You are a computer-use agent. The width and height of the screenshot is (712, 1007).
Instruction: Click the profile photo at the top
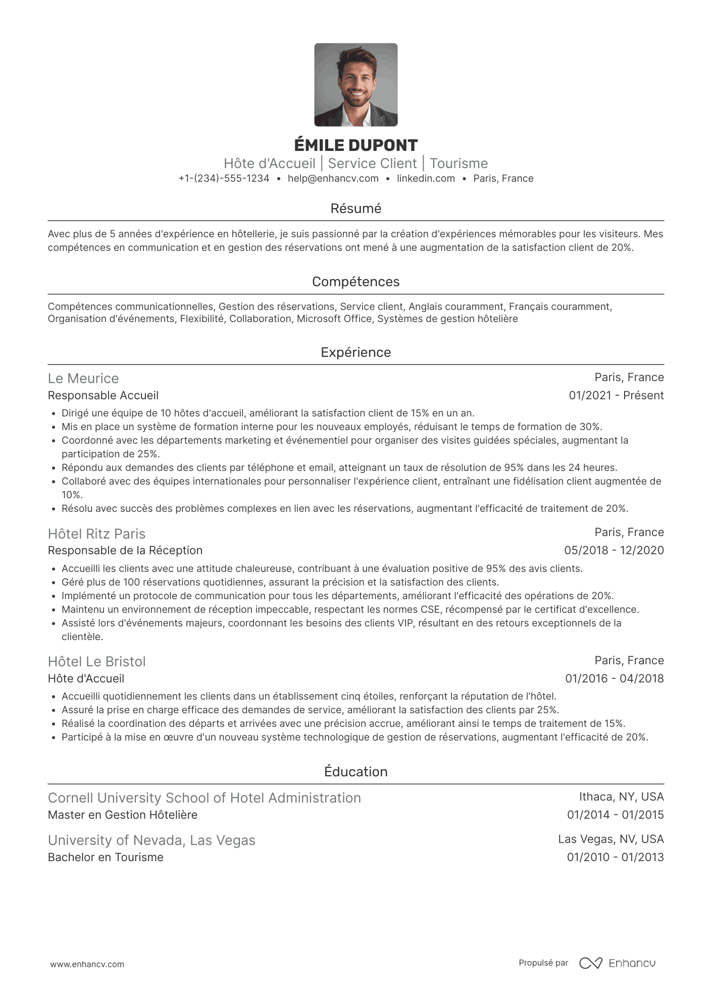point(355,85)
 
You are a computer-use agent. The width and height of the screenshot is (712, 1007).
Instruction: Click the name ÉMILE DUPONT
point(355,145)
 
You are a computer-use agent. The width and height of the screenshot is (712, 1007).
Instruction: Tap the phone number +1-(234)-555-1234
point(224,178)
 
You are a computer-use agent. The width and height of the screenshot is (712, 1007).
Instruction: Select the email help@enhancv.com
point(333,178)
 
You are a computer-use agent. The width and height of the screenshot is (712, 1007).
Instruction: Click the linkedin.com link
point(426,178)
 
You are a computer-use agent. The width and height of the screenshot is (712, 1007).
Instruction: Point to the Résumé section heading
point(355,208)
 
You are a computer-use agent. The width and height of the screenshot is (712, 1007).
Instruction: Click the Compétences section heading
point(355,282)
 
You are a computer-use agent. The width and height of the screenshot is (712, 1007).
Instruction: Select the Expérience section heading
point(355,352)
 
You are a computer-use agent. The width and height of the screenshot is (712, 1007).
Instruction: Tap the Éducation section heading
point(355,772)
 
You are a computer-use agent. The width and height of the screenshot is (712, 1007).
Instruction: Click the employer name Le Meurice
point(83,379)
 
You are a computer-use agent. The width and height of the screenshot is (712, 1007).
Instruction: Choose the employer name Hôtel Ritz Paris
point(96,534)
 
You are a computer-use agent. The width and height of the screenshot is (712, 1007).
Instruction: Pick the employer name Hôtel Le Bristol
point(96,662)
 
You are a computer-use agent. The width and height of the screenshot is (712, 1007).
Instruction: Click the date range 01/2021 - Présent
point(616,395)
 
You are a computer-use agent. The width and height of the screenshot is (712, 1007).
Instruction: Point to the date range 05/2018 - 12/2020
point(614,550)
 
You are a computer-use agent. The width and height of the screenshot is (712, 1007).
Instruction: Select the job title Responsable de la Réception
point(125,550)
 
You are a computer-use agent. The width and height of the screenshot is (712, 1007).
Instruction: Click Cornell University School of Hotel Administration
point(204,798)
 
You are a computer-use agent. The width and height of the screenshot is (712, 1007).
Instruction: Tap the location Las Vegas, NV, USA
point(611,839)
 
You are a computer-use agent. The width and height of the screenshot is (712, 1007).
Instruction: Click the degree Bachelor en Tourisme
point(106,857)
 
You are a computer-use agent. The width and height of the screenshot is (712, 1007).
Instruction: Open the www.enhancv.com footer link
point(87,964)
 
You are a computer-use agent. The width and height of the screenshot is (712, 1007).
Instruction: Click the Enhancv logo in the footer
point(617,963)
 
